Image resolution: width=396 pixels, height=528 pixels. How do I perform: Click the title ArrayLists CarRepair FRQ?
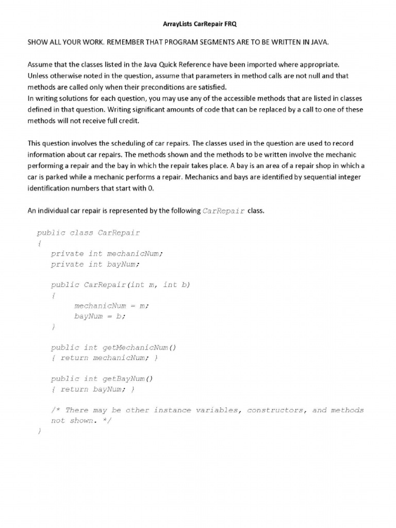[197, 24]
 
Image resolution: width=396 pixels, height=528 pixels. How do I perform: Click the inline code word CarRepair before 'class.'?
[224, 211]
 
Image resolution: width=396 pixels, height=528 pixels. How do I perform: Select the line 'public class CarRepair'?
[88, 233]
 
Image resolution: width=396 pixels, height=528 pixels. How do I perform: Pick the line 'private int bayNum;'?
[95, 264]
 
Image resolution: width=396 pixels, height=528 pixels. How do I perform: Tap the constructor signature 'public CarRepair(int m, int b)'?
[121, 285]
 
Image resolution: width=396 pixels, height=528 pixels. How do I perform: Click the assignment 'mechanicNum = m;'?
[111, 306]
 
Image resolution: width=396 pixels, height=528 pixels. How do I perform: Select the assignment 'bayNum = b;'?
[100, 316]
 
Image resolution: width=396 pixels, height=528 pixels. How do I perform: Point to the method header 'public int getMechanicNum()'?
[113, 348]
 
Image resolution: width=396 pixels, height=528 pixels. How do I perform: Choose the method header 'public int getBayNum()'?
[102, 379]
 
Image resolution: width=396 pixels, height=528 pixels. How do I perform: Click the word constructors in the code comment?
[276, 410]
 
